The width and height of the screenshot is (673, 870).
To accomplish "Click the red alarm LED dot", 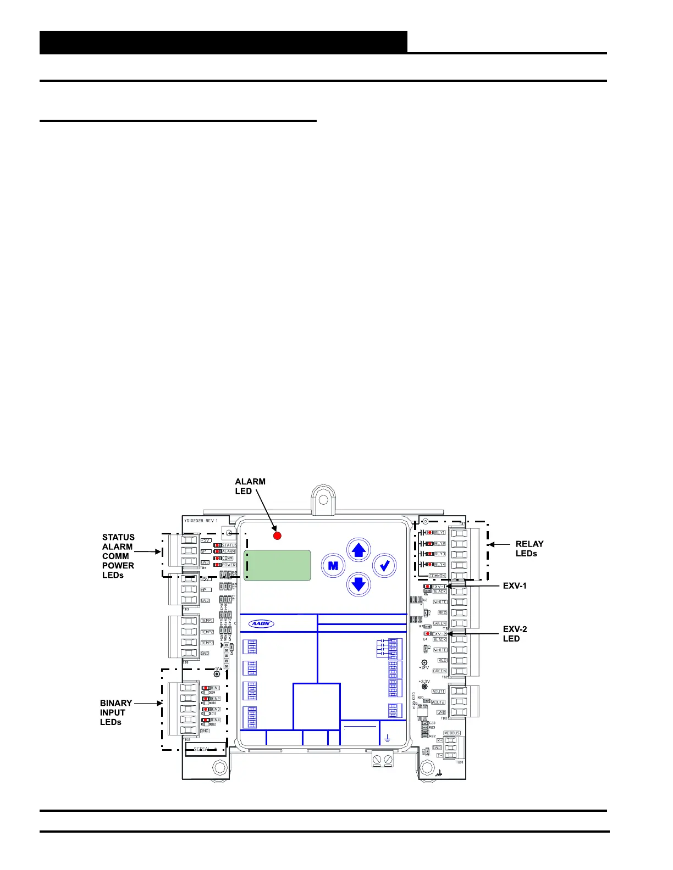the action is click(x=278, y=536).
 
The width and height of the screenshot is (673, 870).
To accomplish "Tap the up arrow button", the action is click(x=358, y=550).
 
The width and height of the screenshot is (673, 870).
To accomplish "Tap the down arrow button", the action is click(x=358, y=583).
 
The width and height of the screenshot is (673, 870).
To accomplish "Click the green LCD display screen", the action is click(x=277, y=565).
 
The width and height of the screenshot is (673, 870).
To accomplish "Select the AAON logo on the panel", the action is click(x=262, y=624).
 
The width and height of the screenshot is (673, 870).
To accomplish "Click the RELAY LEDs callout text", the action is click(x=529, y=549).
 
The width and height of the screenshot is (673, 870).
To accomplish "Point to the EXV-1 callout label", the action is click(x=515, y=586).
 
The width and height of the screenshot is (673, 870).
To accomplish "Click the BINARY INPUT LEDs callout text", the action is click(x=115, y=712).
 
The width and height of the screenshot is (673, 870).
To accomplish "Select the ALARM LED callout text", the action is click(x=250, y=486).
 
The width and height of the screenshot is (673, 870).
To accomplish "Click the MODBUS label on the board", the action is click(x=451, y=733).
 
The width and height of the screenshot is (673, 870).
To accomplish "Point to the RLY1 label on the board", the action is click(x=440, y=533).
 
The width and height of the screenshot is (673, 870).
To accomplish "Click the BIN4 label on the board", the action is click(x=215, y=720).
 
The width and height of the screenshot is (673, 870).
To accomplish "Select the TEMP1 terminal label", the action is click(x=207, y=621).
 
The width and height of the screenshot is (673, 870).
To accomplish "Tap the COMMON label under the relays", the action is click(x=438, y=576).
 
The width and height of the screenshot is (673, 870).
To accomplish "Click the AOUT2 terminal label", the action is click(x=438, y=702).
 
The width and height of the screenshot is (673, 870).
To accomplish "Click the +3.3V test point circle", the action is click(x=424, y=687).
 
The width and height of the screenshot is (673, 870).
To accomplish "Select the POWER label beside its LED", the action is click(x=229, y=565).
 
